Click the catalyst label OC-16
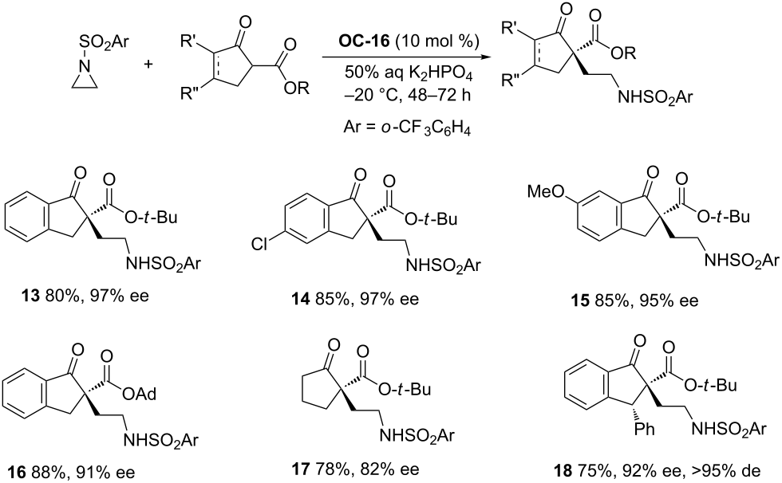tap(364, 41)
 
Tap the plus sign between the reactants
tap(148, 64)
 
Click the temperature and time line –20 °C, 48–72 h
tap(408, 95)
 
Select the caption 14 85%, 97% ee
tap(355, 299)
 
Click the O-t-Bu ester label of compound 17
tap(404, 389)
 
